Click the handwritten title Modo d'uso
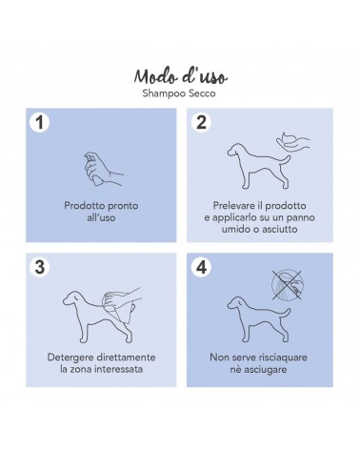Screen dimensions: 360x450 click(x=180, y=76)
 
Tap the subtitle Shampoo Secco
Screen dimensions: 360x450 click(x=179, y=93)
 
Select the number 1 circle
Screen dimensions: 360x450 click(x=39, y=122)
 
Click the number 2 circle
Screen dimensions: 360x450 click(x=201, y=122)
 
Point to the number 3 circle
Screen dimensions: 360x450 click(x=39, y=267)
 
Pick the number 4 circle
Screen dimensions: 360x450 click(x=201, y=267)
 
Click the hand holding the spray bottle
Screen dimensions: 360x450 click(x=102, y=169)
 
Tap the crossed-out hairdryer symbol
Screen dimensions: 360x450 click(x=287, y=285)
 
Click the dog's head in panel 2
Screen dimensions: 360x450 click(x=236, y=150)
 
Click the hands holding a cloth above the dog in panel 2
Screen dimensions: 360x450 click(x=292, y=141)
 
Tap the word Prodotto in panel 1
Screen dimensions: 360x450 click(x=82, y=206)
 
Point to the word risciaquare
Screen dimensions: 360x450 click(x=283, y=358)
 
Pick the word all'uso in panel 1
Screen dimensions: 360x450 click(x=101, y=217)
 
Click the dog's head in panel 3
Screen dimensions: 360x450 click(x=71, y=297)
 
